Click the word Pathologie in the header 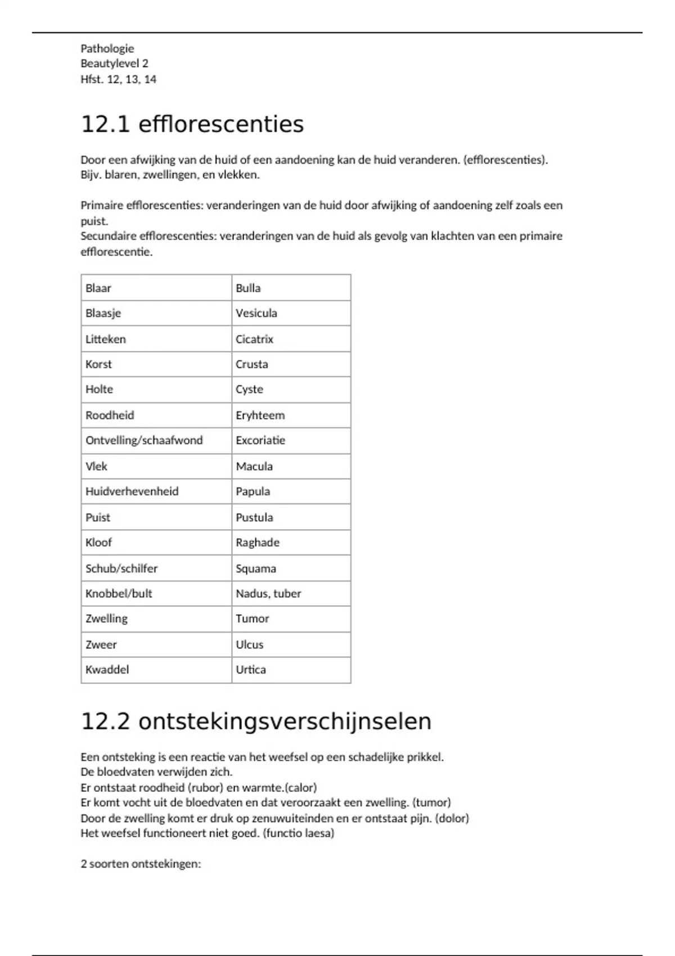coord(107,48)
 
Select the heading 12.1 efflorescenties coord(192,124)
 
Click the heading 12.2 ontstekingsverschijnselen coord(256,721)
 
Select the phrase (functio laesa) coord(298,833)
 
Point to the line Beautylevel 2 coord(114,64)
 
